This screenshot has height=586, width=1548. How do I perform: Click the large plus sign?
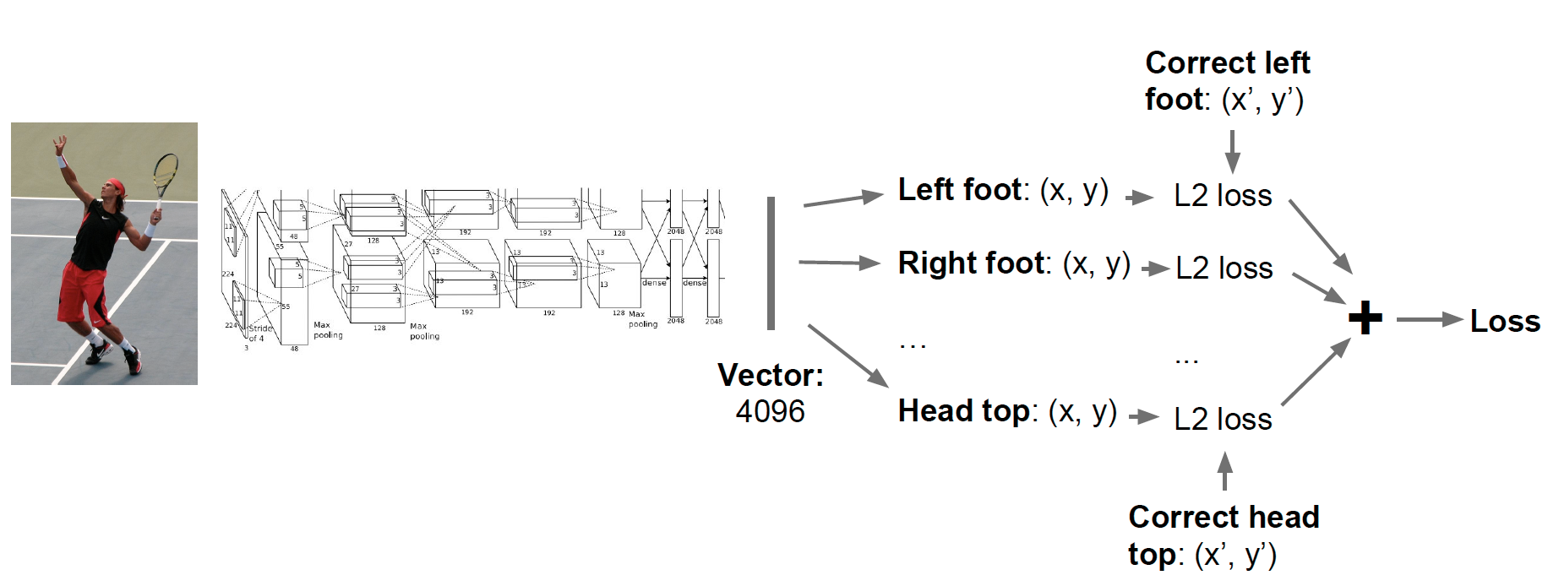(1365, 319)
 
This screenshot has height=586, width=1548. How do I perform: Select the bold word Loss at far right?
(1505, 321)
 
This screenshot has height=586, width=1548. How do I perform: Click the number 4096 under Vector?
(770, 411)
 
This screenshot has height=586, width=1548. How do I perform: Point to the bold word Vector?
(770, 375)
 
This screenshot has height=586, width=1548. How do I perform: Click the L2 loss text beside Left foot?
(1223, 196)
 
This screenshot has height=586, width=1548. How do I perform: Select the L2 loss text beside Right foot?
(1224, 269)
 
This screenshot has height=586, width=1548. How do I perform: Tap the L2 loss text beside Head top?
(1223, 419)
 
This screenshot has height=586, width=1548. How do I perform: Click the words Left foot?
(959, 190)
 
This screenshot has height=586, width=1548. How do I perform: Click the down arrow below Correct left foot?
(1232, 152)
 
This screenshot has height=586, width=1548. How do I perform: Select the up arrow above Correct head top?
(1224, 470)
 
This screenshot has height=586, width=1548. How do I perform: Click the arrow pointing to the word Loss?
(1428, 320)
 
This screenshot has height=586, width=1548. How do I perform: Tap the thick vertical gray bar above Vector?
(771, 263)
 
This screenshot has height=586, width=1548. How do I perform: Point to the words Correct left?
(1227, 63)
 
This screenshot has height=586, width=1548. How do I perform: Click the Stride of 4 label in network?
(259, 334)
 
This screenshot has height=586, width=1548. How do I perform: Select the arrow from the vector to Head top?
(848, 355)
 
